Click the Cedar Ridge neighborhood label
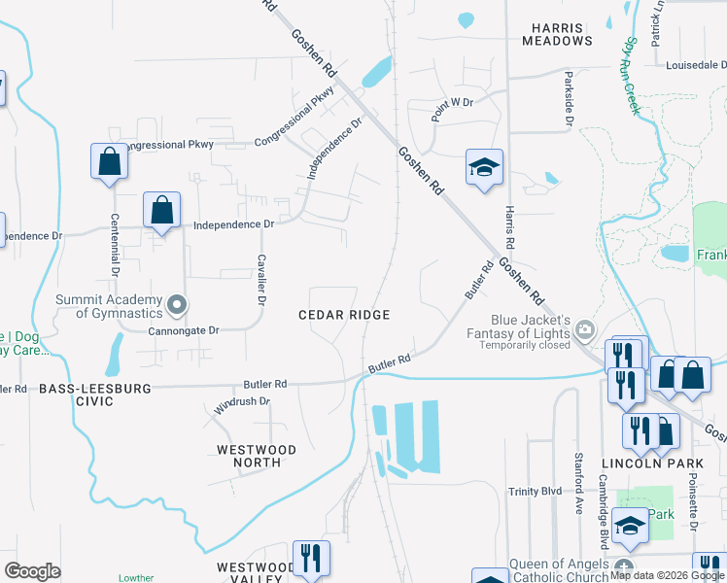(344, 315)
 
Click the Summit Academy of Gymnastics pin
(176, 305)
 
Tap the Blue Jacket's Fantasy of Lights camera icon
(584, 328)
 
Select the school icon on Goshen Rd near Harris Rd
(483, 167)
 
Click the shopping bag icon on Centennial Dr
(110, 161)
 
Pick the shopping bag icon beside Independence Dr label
(161, 210)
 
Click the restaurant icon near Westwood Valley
(311, 558)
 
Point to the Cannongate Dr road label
(184, 330)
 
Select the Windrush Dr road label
(240, 403)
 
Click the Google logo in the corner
(32, 571)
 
